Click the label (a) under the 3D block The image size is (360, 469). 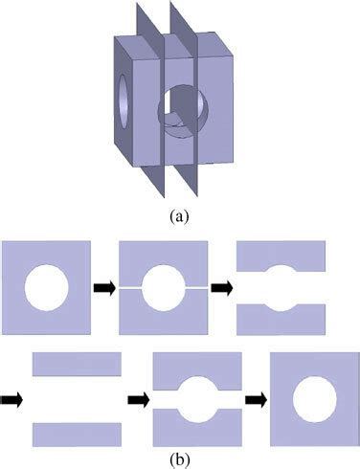point(178,216)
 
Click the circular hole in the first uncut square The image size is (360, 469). point(47,285)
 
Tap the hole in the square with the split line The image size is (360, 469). point(162,285)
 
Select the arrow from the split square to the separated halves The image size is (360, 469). point(221,285)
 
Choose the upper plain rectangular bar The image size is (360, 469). point(76,364)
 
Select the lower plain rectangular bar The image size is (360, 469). point(76,434)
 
